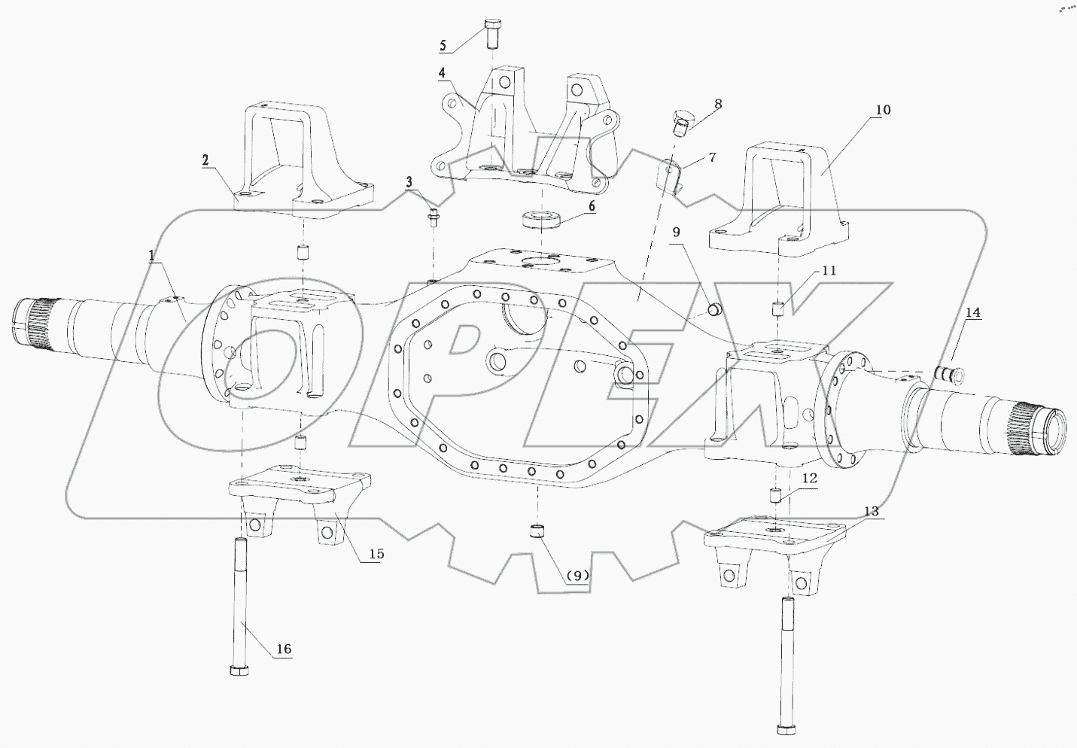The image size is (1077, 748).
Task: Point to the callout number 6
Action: point(592,205)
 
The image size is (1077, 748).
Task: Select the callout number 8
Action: point(717,103)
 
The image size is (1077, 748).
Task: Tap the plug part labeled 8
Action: point(681,121)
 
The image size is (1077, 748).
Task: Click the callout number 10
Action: point(882,110)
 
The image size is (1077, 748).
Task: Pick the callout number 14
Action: point(973,314)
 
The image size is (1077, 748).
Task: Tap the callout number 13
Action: point(870,511)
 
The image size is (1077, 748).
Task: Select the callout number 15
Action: point(376,554)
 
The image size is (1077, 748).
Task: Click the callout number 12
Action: point(808,478)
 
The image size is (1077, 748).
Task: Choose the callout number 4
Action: point(443,73)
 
